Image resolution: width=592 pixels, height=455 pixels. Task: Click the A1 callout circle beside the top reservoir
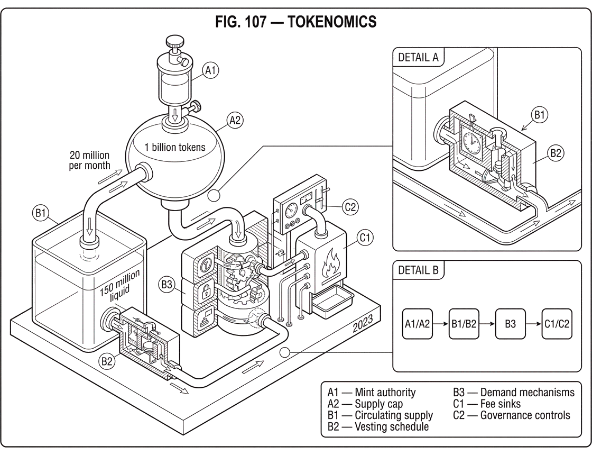210,70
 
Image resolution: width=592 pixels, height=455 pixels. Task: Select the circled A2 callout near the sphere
235,121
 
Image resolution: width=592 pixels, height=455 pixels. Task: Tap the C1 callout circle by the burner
365,238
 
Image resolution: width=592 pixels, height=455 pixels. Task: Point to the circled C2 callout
350,207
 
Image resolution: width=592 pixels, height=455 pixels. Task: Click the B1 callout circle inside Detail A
539,114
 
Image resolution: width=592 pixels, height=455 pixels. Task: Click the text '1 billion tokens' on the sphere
175,148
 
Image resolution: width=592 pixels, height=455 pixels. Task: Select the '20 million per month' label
89,160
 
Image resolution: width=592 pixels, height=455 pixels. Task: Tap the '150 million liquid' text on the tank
119,286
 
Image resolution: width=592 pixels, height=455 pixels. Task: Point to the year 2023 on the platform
363,323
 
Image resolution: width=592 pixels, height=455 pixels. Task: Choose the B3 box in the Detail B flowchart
510,324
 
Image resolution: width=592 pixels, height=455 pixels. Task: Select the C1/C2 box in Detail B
557,324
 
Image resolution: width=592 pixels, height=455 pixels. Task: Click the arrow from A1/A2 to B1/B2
440,324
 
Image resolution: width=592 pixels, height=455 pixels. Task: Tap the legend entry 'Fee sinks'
500,404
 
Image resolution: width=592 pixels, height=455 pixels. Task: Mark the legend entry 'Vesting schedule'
392,426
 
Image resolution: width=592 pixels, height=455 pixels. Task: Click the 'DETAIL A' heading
418,58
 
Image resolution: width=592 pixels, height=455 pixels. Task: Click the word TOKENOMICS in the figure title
332,22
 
